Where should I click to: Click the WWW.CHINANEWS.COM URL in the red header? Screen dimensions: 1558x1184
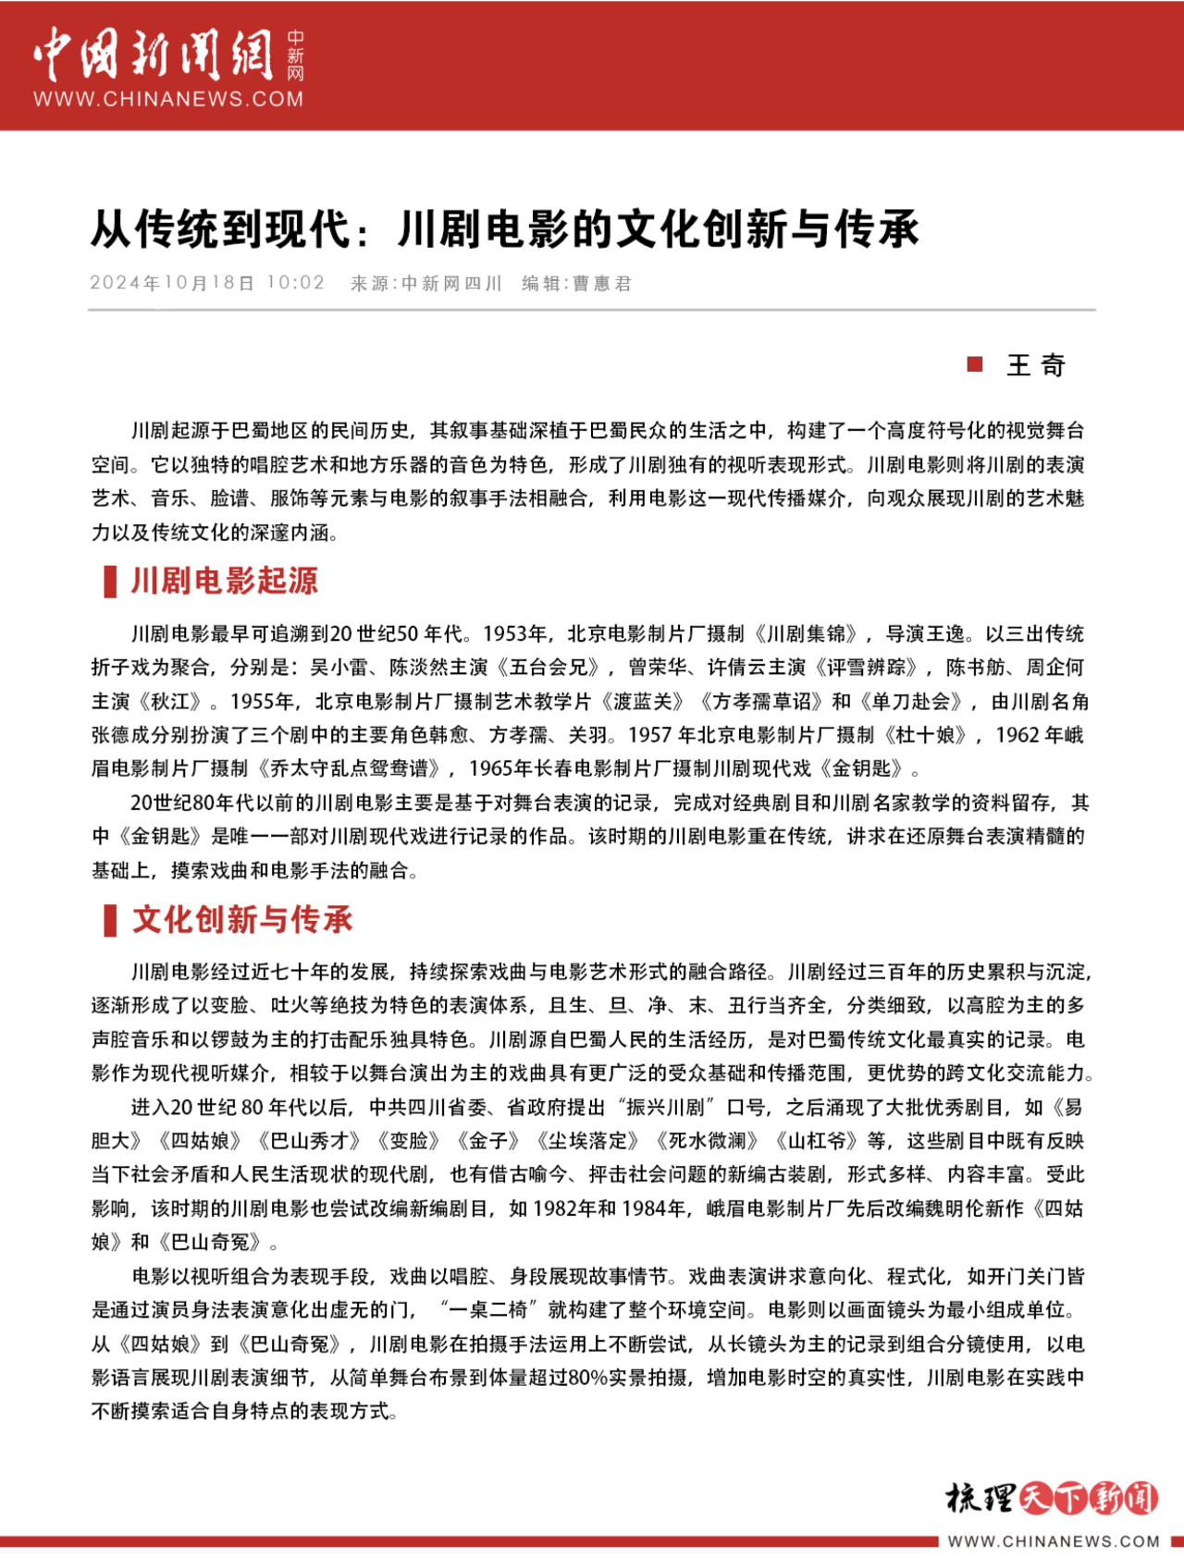tap(168, 99)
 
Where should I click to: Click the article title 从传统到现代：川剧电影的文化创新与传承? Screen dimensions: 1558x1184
tap(505, 229)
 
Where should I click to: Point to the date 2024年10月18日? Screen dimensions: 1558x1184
tap(172, 283)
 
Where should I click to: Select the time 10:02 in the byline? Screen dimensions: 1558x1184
tap(296, 283)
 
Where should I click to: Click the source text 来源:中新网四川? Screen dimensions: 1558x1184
tap(425, 283)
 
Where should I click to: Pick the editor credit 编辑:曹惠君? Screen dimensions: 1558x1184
tap(576, 283)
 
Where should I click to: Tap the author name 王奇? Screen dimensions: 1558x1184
tap(1036, 365)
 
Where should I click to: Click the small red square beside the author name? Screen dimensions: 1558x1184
tap(974, 364)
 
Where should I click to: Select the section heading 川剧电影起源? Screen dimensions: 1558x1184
tap(225, 581)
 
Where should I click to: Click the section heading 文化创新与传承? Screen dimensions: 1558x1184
tap(242, 919)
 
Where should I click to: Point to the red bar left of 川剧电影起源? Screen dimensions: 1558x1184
tap(110, 582)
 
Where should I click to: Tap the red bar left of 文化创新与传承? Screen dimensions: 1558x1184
tap(110, 920)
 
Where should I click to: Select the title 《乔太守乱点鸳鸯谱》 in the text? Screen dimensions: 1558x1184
tap(357, 768)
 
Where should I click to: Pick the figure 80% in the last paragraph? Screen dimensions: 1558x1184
tap(587, 1378)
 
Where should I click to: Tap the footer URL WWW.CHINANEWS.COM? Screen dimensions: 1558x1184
tap(1054, 1541)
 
